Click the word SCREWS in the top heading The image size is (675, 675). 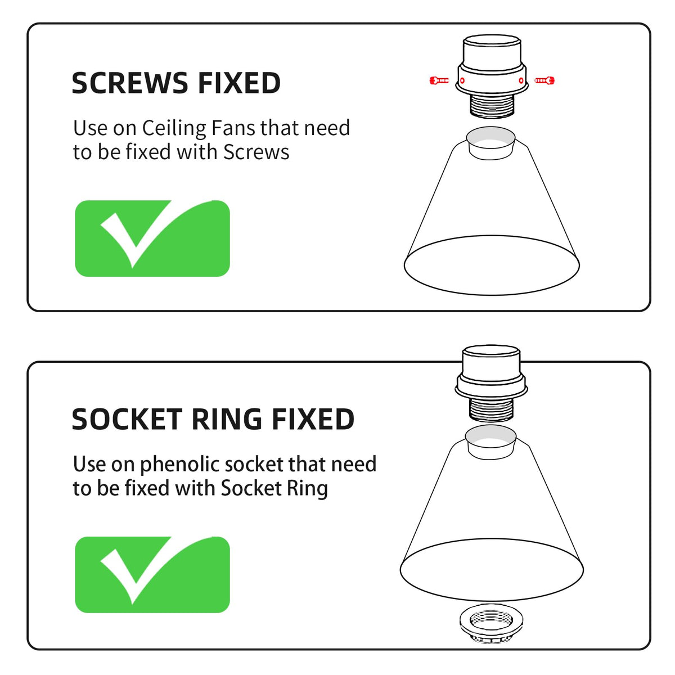coord(129,83)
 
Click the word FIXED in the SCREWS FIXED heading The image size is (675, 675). coord(239,83)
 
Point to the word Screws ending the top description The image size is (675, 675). coord(256,152)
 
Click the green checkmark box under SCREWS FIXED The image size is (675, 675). coord(152,238)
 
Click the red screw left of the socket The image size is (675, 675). coord(439,80)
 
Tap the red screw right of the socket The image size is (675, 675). coord(544,80)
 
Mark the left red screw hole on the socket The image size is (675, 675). coord(462,80)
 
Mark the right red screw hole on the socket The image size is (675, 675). coord(521,80)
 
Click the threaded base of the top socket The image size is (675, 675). coord(492,105)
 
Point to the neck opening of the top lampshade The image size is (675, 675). coord(490,137)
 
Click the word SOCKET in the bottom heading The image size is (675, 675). coord(127,419)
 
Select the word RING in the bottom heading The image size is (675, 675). coord(227,419)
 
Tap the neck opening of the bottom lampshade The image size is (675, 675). coord(490,436)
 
